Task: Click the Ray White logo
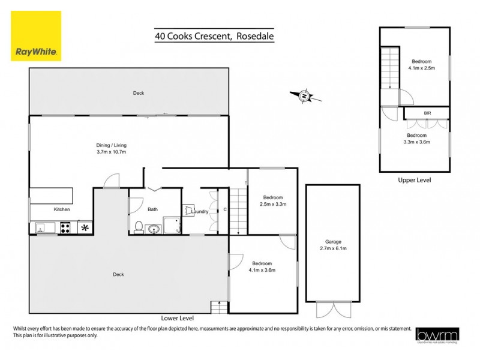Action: [36, 36]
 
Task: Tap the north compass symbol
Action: [304, 96]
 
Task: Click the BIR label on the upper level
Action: [427, 113]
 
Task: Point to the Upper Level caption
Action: [414, 179]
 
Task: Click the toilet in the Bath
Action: [139, 227]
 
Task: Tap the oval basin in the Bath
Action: [154, 228]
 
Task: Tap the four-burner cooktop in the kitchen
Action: [65, 227]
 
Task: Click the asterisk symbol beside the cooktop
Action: [85, 227]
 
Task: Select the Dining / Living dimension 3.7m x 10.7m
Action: [112, 152]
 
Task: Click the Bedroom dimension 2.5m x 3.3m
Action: [272, 204]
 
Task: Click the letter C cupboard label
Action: [224, 209]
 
